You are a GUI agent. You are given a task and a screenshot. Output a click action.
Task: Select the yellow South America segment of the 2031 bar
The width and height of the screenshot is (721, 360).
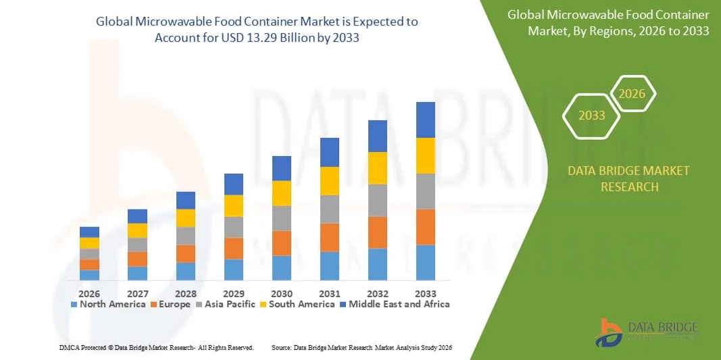point(329,181)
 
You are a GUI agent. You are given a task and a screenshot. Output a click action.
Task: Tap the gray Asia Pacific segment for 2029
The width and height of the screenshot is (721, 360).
point(233,227)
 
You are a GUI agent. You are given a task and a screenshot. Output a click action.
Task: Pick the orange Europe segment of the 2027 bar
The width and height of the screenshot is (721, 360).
point(137,259)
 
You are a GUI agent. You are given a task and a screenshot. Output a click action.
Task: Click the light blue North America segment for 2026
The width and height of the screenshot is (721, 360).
point(89,275)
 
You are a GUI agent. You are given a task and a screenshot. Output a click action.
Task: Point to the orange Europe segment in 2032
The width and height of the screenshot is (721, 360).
point(377,232)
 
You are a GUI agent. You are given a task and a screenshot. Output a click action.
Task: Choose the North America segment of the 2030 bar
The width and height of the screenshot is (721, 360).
point(281,268)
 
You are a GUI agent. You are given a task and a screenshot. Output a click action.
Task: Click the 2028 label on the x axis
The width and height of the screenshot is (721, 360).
point(185,294)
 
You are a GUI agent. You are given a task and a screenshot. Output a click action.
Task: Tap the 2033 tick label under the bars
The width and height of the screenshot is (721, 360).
point(425,294)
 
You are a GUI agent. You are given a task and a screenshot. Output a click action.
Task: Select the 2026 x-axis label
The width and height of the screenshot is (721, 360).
point(89,294)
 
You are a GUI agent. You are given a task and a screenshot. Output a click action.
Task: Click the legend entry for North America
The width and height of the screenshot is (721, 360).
point(108,305)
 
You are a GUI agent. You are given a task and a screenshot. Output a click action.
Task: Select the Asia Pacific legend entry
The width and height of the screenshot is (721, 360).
point(226,305)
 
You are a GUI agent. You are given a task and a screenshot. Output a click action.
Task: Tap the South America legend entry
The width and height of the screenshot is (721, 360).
point(297,305)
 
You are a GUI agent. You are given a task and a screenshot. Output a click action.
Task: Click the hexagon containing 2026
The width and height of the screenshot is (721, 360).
point(632,94)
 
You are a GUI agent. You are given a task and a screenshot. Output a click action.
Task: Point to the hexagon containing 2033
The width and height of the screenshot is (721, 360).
point(591,115)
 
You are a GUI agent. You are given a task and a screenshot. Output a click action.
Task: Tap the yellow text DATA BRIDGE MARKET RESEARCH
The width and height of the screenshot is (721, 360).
point(629,178)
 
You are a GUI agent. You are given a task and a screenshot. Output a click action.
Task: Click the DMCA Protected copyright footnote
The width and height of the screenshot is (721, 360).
point(156,347)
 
